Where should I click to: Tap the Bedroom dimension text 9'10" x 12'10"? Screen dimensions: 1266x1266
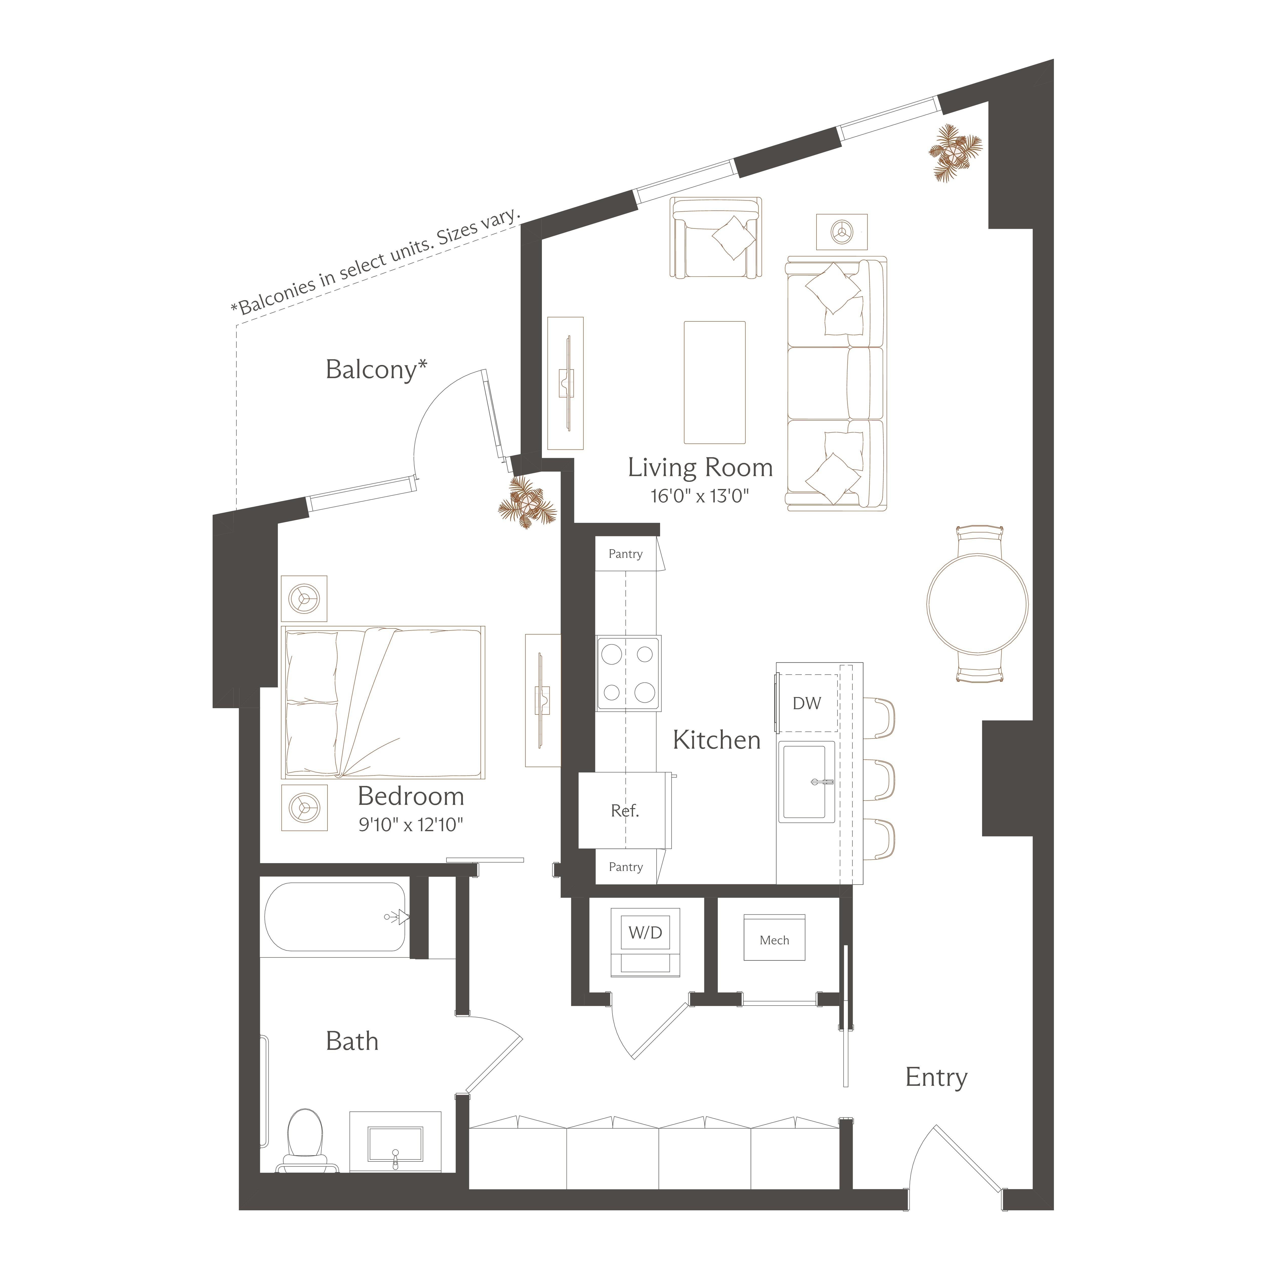(411, 824)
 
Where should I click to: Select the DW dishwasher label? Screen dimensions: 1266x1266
(807, 703)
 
